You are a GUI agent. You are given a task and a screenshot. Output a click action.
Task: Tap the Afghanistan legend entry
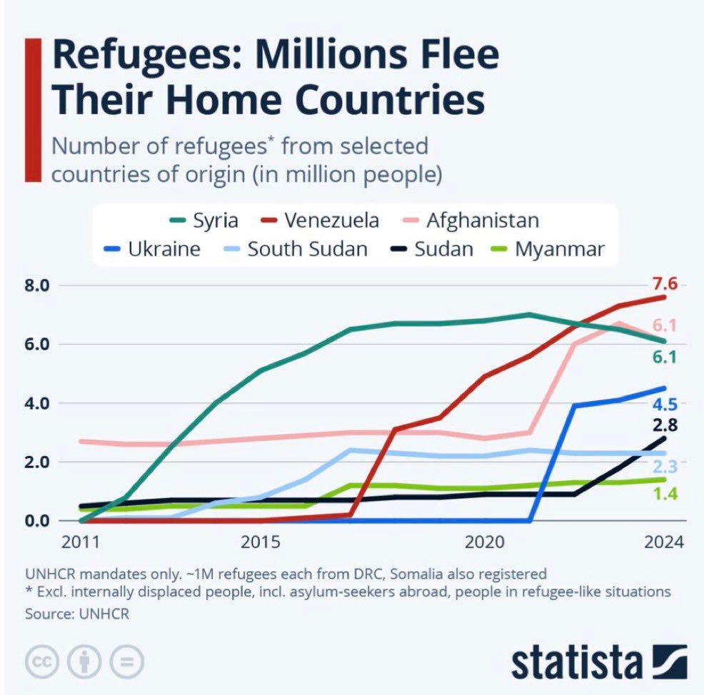click(472, 220)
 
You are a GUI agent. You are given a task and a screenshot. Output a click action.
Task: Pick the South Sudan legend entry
click(296, 249)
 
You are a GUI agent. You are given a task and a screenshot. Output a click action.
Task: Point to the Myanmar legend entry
click(550, 249)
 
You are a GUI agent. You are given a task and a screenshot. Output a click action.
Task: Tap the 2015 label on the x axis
click(261, 542)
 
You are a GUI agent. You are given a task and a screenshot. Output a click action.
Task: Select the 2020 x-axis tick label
click(485, 542)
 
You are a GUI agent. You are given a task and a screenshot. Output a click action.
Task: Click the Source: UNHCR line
click(76, 614)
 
